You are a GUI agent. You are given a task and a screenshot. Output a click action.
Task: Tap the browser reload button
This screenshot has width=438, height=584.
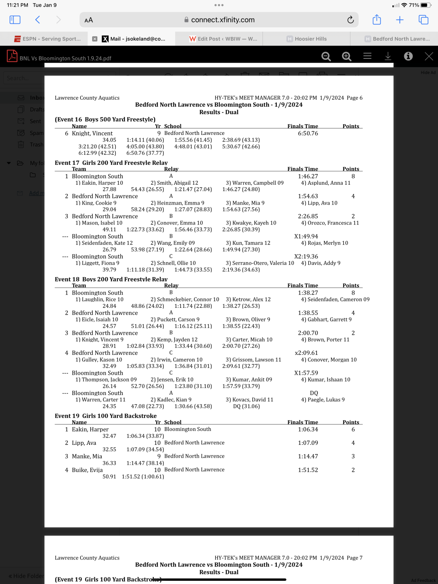coord(350,20)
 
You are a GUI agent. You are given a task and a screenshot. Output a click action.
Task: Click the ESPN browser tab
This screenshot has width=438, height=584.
coord(48,39)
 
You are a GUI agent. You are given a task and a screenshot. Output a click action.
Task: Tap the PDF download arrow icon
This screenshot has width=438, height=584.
coord(388,56)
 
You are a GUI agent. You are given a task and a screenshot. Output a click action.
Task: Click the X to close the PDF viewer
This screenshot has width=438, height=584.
coord(429,56)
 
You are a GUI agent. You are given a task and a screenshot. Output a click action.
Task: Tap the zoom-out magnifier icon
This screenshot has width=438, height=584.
coord(326,56)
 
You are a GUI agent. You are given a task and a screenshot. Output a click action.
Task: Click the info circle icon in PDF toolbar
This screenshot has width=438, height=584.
coord(408,56)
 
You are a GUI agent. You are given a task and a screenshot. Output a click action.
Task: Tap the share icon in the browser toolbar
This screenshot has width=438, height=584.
coord(376,20)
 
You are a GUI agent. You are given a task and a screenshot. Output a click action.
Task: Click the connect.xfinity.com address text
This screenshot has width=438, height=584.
coord(223,20)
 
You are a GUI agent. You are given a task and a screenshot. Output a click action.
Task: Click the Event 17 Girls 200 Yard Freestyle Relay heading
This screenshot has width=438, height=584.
coord(111,163)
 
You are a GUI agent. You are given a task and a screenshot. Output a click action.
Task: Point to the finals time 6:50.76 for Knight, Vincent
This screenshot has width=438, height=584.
coord(308,133)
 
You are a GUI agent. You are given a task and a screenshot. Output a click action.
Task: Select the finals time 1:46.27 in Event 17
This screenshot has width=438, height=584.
coord(308,176)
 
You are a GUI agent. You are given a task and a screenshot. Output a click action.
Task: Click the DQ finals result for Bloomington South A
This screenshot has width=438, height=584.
coord(314,393)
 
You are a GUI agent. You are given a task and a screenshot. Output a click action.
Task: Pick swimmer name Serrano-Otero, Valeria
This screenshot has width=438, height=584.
coord(263,263)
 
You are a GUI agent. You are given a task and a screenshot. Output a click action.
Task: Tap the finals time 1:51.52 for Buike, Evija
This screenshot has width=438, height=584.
coord(308,470)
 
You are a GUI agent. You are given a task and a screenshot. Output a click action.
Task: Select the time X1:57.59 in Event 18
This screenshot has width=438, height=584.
coord(306,373)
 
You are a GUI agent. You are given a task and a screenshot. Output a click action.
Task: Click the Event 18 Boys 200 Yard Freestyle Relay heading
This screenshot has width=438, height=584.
coord(111,279)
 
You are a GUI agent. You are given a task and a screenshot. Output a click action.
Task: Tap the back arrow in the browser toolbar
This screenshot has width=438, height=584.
coord(38,20)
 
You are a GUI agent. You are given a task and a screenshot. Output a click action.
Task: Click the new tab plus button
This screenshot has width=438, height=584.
coord(400,20)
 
